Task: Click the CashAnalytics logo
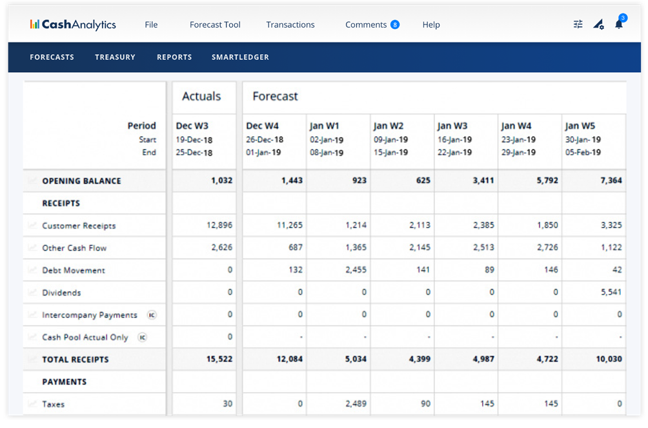click(72, 24)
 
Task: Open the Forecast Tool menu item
click(215, 24)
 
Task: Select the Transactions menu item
click(290, 24)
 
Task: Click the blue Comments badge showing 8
click(395, 24)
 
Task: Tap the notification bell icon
click(618, 24)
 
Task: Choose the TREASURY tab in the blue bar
click(115, 57)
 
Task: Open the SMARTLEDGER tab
click(240, 57)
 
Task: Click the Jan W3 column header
click(452, 126)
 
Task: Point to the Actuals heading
click(201, 96)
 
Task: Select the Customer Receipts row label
click(79, 226)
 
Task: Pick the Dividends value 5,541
click(611, 293)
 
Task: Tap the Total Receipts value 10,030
click(609, 360)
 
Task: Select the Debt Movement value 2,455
click(354, 270)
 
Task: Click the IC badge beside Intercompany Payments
click(152, 315)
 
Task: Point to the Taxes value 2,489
click(354, 404)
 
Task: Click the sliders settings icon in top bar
click(578, 24)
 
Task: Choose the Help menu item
click(431, 24)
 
